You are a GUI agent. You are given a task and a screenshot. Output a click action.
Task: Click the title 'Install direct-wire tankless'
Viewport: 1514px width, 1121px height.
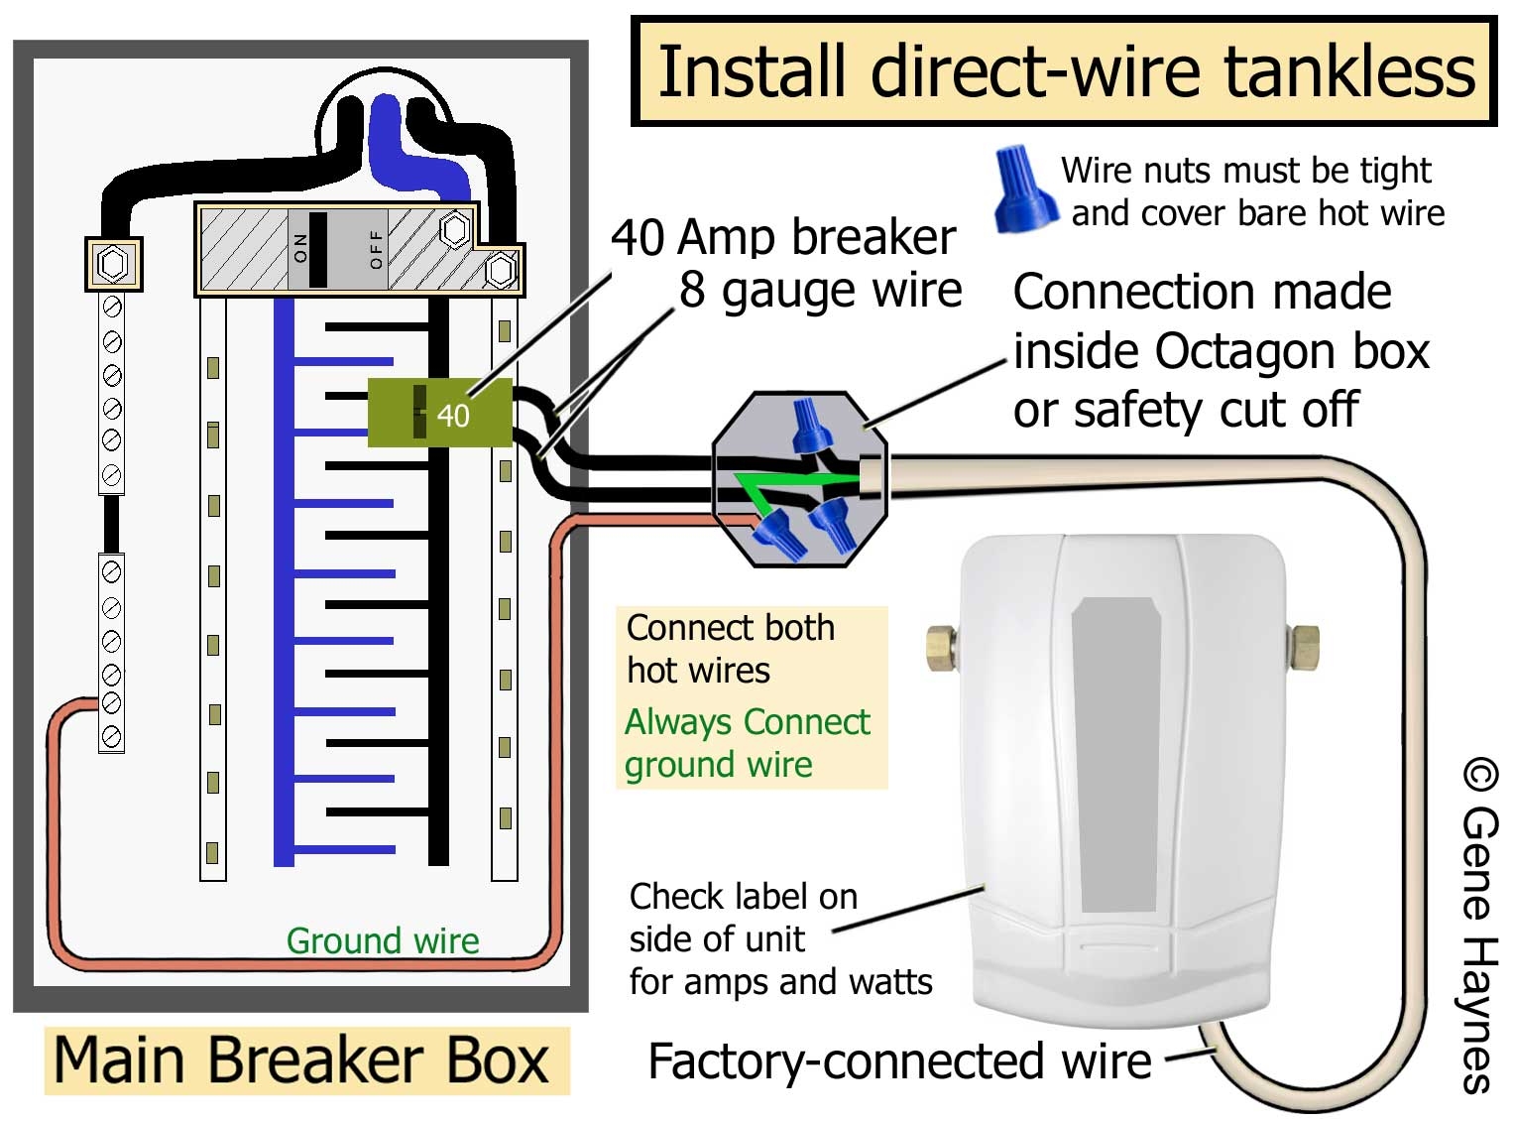(x=1065, y=71)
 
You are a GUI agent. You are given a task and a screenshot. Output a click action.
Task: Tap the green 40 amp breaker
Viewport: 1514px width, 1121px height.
(x=440, y=413)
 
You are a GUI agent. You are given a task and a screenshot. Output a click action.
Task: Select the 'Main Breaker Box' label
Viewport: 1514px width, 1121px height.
(x=301, y=1060)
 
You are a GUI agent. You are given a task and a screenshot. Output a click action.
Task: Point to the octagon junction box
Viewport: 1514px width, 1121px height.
(x=799, y=479)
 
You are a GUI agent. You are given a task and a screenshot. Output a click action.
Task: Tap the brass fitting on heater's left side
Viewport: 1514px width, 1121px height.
(x=940, y=648)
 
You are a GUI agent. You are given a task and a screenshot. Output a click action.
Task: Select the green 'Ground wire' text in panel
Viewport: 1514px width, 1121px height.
(x=383, y=940)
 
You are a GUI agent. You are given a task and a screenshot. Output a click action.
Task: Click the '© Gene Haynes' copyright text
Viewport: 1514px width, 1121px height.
(x=1478, y=927)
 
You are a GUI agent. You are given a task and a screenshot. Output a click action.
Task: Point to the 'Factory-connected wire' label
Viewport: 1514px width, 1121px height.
(x=899, y=1061)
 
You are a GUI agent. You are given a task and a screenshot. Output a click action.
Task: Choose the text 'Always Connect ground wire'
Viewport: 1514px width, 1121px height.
(x=747, y=743)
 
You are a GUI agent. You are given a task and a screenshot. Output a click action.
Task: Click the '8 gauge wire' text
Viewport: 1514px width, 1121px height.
(x=820, y=291)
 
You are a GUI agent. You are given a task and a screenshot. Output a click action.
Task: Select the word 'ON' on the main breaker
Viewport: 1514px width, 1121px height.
(x=301, y=249)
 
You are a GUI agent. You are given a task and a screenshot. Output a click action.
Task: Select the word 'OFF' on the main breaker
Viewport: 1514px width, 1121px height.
(x=376, y=249)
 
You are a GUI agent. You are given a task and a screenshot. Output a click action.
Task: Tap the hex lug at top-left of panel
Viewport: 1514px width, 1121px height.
(x=113, y=264)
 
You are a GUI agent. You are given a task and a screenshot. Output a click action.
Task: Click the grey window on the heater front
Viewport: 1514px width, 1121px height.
(x=1119, y=754)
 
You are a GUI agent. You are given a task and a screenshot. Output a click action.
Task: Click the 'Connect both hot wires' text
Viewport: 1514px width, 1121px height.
(x=730, y=649)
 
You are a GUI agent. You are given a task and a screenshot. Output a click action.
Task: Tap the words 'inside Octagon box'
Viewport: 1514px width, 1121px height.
(x=1221, y=351)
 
